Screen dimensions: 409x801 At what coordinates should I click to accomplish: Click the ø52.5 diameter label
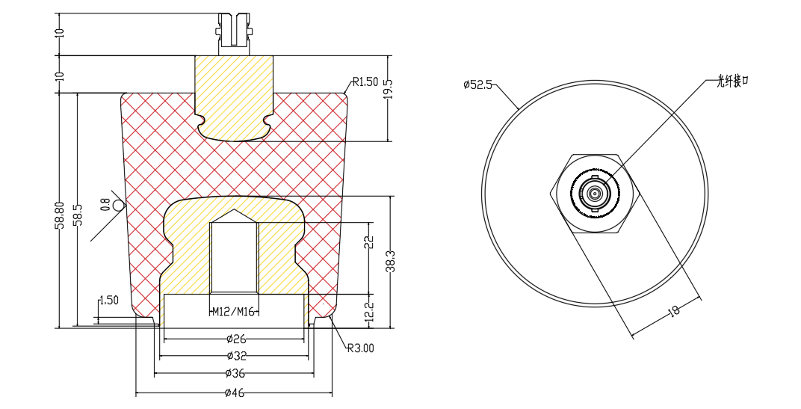[x=477, y=84]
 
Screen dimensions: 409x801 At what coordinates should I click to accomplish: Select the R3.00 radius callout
[x=360, y=348]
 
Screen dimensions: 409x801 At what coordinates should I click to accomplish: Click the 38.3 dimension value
[x=389, y=261]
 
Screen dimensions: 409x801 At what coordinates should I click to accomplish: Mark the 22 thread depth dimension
[x=368, y=242]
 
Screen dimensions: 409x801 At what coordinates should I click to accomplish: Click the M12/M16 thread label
[x=234, y=312]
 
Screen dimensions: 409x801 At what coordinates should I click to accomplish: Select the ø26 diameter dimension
[x=235, y=338]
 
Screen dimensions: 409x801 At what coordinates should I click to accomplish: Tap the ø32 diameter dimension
[x=235, y=356]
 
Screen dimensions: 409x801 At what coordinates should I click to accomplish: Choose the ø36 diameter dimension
[x=235, y=373]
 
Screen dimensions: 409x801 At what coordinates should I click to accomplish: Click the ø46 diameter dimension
[x=235, y=392]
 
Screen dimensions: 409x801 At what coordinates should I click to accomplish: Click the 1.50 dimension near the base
[x=108, y=301]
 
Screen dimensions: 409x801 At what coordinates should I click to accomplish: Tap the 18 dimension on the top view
[x=674, y=311]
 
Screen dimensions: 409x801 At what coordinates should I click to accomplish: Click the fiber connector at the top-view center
[x=595, y=194]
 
